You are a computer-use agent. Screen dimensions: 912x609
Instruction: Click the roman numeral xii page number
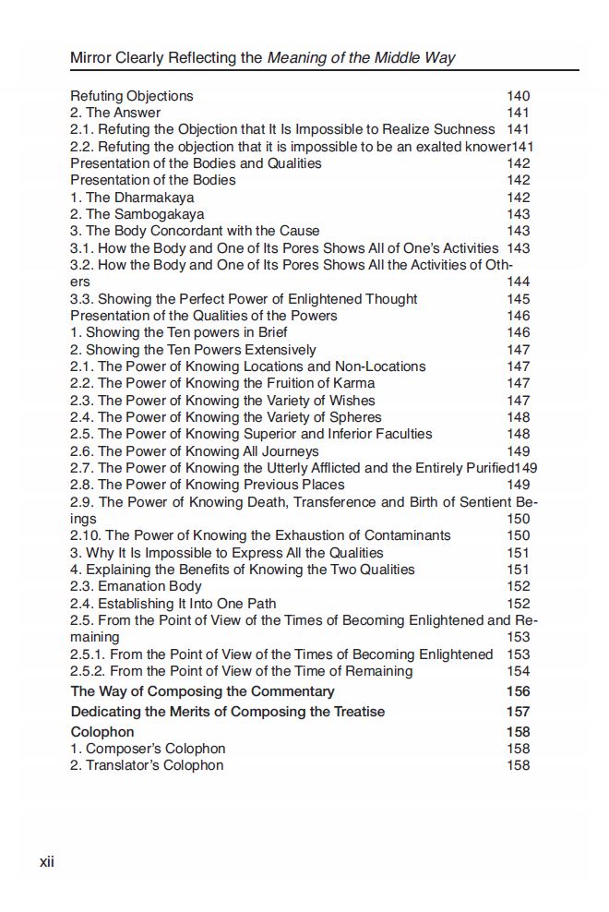click(47, 862)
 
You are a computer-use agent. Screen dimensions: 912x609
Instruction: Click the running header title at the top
click(263, 58)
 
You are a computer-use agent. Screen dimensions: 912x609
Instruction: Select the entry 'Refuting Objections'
click(132, 96)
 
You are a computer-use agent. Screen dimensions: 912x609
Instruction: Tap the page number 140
click(519, 96)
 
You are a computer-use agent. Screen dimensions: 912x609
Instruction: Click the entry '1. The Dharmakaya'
click(132, 198)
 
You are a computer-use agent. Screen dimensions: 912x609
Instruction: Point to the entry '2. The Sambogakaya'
click(137, 214)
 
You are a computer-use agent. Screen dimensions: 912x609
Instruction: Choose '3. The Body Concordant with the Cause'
click(195, 231)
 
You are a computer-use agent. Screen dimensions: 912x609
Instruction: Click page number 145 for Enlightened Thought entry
click(519, 299)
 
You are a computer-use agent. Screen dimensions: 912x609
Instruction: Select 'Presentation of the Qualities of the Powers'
click(204, 316)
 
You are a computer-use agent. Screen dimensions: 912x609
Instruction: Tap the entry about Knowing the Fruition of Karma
click(222, 383)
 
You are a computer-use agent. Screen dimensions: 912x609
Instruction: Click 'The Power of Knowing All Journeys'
click(195, 451)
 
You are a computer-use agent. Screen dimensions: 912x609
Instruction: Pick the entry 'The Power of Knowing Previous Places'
click(208, 485)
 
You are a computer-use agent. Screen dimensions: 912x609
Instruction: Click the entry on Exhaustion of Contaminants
click(261, 535)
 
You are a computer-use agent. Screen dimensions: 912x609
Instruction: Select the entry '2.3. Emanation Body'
click(136, 586)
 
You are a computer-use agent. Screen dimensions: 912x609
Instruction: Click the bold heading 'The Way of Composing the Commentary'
click(202, 691)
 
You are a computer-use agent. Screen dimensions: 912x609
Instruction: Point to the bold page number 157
click(519, 712)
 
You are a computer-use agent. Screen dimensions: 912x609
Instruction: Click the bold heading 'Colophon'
click(102, 732)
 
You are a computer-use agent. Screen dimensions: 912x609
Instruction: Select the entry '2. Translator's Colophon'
click(147, 765)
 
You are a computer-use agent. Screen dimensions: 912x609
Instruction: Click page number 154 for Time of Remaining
click(519, 671)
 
